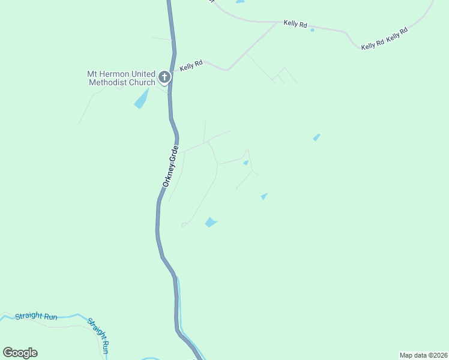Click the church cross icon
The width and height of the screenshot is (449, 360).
[164, 77]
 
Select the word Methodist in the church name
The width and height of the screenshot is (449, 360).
[108, 82]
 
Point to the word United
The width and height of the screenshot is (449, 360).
[142, 74]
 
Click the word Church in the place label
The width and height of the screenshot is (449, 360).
[142, 82]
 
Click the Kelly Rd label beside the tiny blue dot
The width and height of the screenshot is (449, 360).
[295, 25]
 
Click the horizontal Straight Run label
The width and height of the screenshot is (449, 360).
[36, 316]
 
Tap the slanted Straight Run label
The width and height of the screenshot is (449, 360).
[99, 335]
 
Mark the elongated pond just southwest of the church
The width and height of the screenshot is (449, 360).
[141, 98]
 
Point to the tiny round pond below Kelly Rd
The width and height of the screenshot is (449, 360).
[312, 30]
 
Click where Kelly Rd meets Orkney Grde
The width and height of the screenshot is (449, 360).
[173, 72]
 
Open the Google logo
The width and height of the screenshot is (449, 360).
[20, 353]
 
